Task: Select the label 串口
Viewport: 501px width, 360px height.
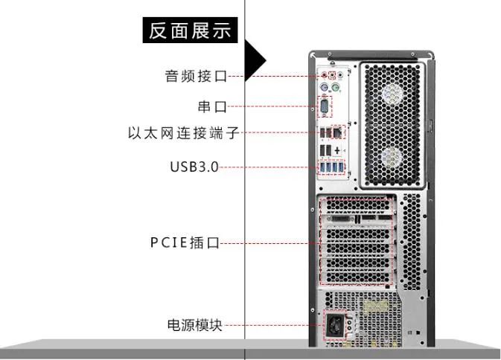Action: [x=212, y=107]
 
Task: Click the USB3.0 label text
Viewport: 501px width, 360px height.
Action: [x=194, y=167]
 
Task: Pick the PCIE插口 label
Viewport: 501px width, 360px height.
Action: [x=187, y=242]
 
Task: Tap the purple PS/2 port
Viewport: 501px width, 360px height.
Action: [x=325, y=89]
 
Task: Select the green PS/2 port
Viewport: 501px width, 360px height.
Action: [x=336, y=89]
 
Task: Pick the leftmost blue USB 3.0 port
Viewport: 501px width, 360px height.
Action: [x=322, y=167]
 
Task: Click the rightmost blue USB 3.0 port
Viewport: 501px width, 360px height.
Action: [x=342, y=167]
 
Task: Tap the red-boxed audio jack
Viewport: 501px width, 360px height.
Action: [x=331, y=74]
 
